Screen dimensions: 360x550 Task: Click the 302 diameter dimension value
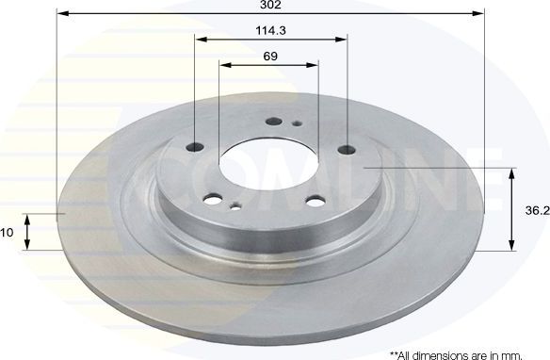pos(271,6)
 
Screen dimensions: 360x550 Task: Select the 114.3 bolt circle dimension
pos(271,30)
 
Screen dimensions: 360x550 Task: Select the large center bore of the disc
pos(267,162)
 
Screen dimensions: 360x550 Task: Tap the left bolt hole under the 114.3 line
pos(197,146)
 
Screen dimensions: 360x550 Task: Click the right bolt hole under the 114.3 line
pos(347,148)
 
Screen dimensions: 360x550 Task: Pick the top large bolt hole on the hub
pos(274,122)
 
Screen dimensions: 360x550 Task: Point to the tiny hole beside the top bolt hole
pos(296,123)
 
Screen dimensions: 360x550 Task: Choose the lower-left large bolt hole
pos(213,199)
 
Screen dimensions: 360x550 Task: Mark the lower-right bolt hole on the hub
pos(314,199)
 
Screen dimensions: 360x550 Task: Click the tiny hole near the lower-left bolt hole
pos(235,206)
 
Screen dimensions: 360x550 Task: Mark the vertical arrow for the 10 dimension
pos(27,231)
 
